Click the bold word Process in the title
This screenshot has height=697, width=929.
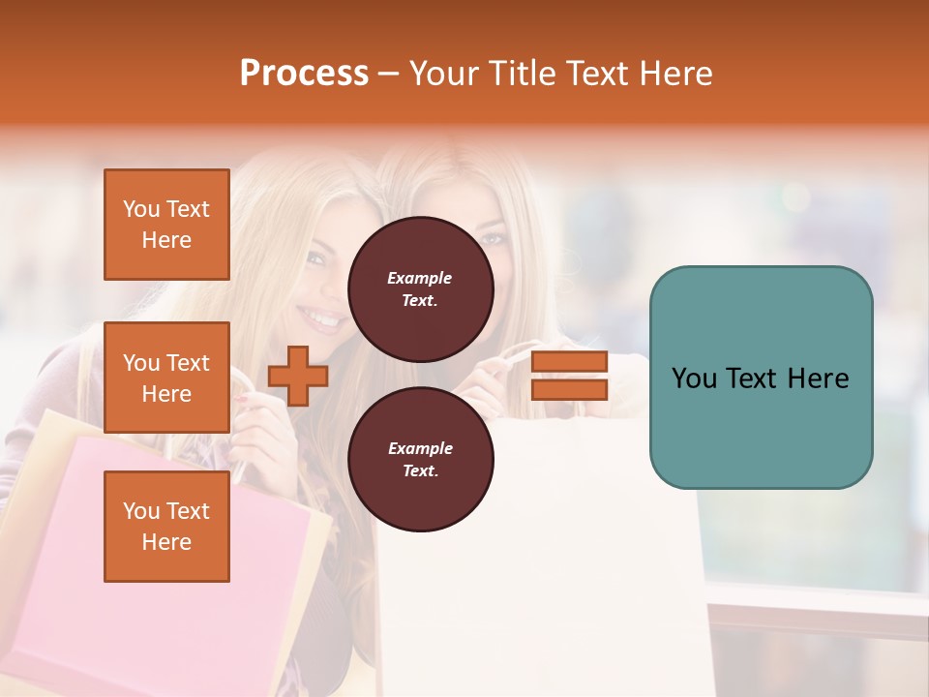(x=304, y=74)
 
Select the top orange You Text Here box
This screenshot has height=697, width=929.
(x=166, y=225)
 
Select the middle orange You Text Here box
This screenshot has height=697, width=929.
(x=166, y=378)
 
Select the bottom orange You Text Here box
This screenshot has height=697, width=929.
(x=166, y=526)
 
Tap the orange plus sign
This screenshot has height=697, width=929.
(x=298, y=376)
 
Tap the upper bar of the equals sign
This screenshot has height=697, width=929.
(x=570, y=361)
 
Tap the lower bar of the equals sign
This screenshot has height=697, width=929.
(x=570, y=389)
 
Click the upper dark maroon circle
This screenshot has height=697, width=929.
(x=420, y=288)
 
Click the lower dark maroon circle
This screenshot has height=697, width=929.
(x=420, y=459)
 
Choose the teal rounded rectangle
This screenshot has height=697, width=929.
(x=761, y=377)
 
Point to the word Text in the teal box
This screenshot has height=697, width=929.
(x=761, y=379)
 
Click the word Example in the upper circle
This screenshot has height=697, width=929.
(x=420, y=278)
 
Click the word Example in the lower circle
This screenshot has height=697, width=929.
(x=420, y=448)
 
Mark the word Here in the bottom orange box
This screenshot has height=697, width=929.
(x=166, y=542)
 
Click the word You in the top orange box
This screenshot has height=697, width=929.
(x=141, y=209)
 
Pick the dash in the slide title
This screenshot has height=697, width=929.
(x=389, y=74)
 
